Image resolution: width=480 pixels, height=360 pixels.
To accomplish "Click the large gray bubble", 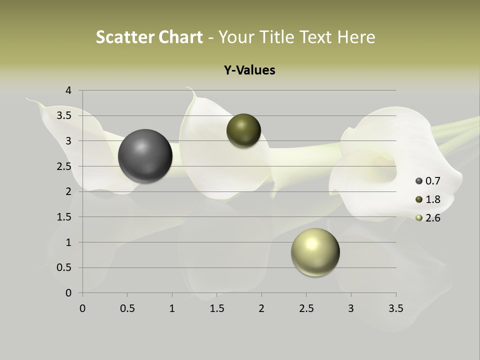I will (x=145, y=156).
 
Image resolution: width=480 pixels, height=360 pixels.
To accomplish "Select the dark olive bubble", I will (x=243, y=130).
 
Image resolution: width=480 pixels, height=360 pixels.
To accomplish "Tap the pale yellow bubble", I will (x=315, y=252).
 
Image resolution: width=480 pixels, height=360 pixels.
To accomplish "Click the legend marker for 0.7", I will (x=419, y=181).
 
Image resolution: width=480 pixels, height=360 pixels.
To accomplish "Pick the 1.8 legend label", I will (x=432, y=199).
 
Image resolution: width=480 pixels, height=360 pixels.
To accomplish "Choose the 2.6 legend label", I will (x=432, y=218).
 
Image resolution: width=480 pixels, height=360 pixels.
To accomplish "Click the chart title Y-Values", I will (x=249, y=70).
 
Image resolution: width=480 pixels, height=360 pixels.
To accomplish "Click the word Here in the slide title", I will (x=356, y=37).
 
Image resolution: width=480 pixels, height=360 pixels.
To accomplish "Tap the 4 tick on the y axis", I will (x=68, y=90).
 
